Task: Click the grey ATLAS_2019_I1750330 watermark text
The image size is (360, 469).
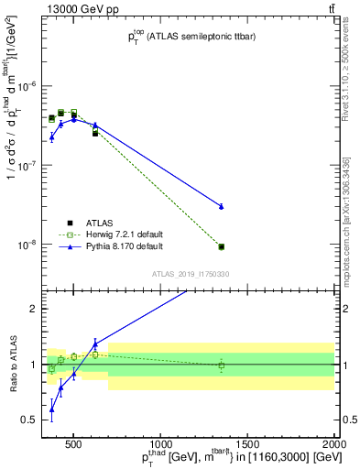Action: (x=191, y=273)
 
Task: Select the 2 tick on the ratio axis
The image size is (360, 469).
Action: (x=33, y=310)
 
